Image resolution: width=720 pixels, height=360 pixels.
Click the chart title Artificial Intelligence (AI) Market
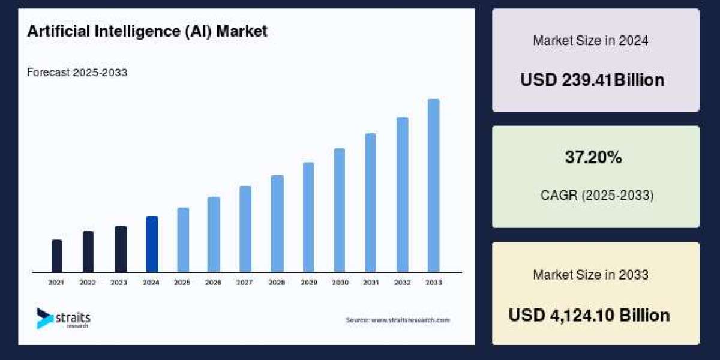(147, 32)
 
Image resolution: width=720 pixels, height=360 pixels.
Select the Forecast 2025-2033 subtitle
(77, 73)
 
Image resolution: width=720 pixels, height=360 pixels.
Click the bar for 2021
(57, 256)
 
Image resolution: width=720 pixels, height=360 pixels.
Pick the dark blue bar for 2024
(152, 244)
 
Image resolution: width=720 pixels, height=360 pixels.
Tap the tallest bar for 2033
(433, 185)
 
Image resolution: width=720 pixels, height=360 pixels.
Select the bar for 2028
(277, 224)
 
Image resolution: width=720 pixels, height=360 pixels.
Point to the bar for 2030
(340, 210)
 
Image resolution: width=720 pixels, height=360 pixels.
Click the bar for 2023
(121, 249)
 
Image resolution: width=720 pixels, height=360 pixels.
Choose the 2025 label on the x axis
(182, 282)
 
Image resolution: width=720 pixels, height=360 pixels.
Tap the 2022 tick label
(88, 282)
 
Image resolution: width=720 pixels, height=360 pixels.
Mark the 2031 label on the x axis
(371, 282)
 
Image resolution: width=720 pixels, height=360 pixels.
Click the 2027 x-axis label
(245, 282)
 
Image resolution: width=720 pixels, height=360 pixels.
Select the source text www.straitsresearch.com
(397, 320)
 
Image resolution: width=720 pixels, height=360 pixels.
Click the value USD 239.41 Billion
(592, 80)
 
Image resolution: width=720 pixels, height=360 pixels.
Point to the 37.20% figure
(593, 158)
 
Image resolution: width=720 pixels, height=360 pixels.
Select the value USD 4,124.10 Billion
(589, 315)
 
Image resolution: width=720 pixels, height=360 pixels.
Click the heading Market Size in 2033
(590, 275)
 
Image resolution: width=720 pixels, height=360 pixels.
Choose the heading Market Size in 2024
(590, 41)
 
